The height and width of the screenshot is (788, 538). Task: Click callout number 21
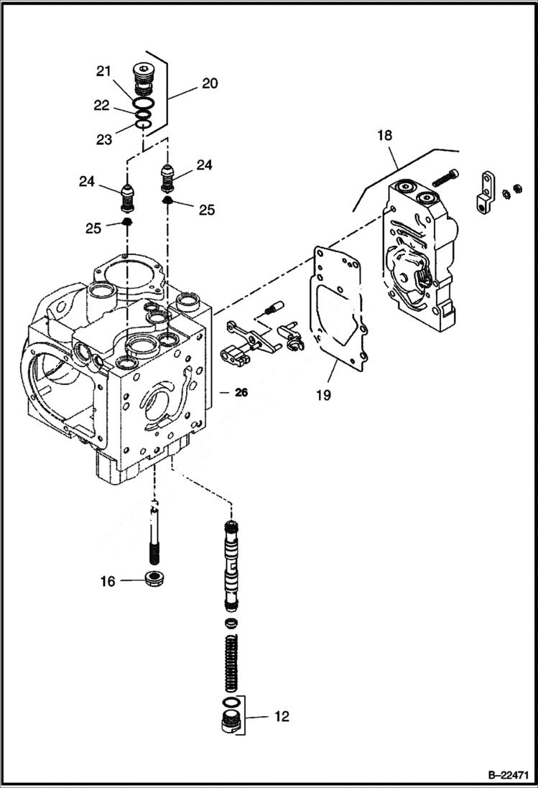tap(105, 70)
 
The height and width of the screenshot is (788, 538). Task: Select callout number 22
tap(101, 105)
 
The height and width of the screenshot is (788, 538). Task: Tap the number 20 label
tap(209, 83)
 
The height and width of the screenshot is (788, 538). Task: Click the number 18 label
tap(384, 136)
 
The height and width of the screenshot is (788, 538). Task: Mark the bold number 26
tap(241, 392)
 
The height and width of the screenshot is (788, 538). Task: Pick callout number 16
tap(107, 581)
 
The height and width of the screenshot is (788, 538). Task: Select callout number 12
tap(282, 716)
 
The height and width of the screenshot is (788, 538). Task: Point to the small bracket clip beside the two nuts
tap(486, 193)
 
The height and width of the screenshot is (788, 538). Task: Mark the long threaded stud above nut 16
tap(153, 532)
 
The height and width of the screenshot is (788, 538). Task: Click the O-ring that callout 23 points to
tap(144, 126)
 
